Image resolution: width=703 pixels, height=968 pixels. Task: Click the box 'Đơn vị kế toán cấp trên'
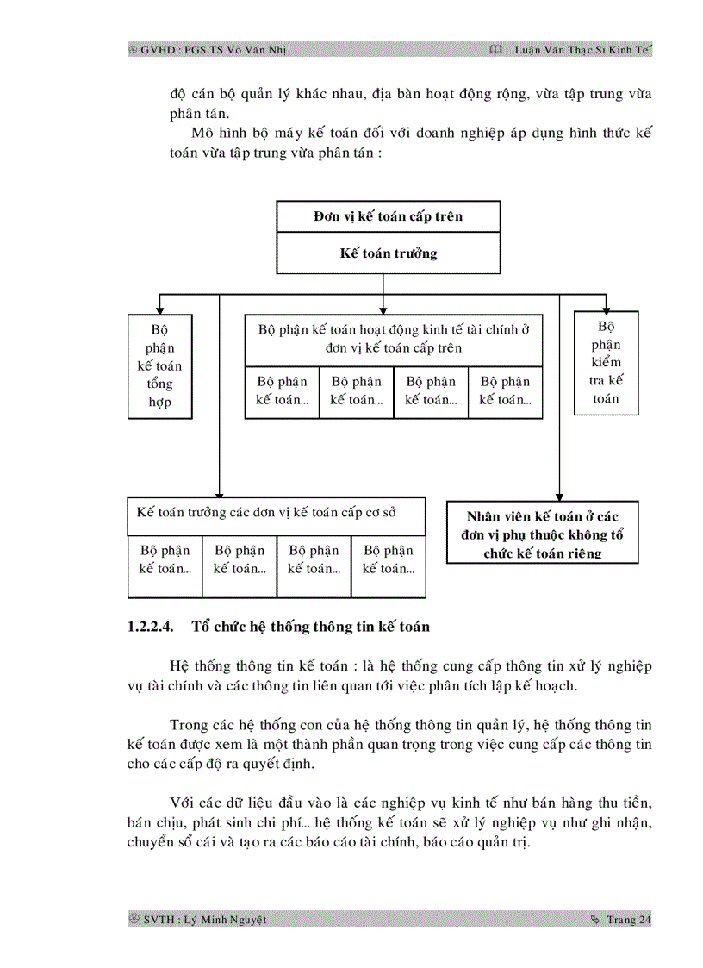click(388, 216)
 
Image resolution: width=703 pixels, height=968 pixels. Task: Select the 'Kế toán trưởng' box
click(388, 253)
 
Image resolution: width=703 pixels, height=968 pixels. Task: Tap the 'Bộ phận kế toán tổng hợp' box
click(159, 366)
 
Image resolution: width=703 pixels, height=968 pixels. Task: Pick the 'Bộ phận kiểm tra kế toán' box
click(607, 363)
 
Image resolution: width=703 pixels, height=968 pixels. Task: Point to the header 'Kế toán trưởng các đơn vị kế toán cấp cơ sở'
click(277, 510)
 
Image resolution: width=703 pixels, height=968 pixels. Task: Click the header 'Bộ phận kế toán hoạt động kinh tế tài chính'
click(394, 338)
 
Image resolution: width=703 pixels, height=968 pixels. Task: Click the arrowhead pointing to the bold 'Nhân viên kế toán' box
click(560, 495)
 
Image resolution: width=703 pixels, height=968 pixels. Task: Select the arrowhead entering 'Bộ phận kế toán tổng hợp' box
click(159, 308)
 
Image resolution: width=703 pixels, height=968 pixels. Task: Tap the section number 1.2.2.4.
click(151, 627)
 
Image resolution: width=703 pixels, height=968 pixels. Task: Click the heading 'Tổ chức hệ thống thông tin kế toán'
click(310, 627)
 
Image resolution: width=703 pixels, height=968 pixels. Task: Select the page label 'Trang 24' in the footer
click(629, 920)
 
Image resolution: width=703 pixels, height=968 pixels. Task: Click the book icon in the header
click(495, 50)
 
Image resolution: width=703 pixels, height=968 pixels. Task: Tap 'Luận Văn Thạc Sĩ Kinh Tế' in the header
click(582, 50)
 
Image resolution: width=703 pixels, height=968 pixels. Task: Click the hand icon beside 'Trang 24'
click(595, 920)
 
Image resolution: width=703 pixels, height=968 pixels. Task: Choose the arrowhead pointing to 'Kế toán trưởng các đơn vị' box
click(220, 491)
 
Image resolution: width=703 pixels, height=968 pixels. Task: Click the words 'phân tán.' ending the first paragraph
click(199, 113)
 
